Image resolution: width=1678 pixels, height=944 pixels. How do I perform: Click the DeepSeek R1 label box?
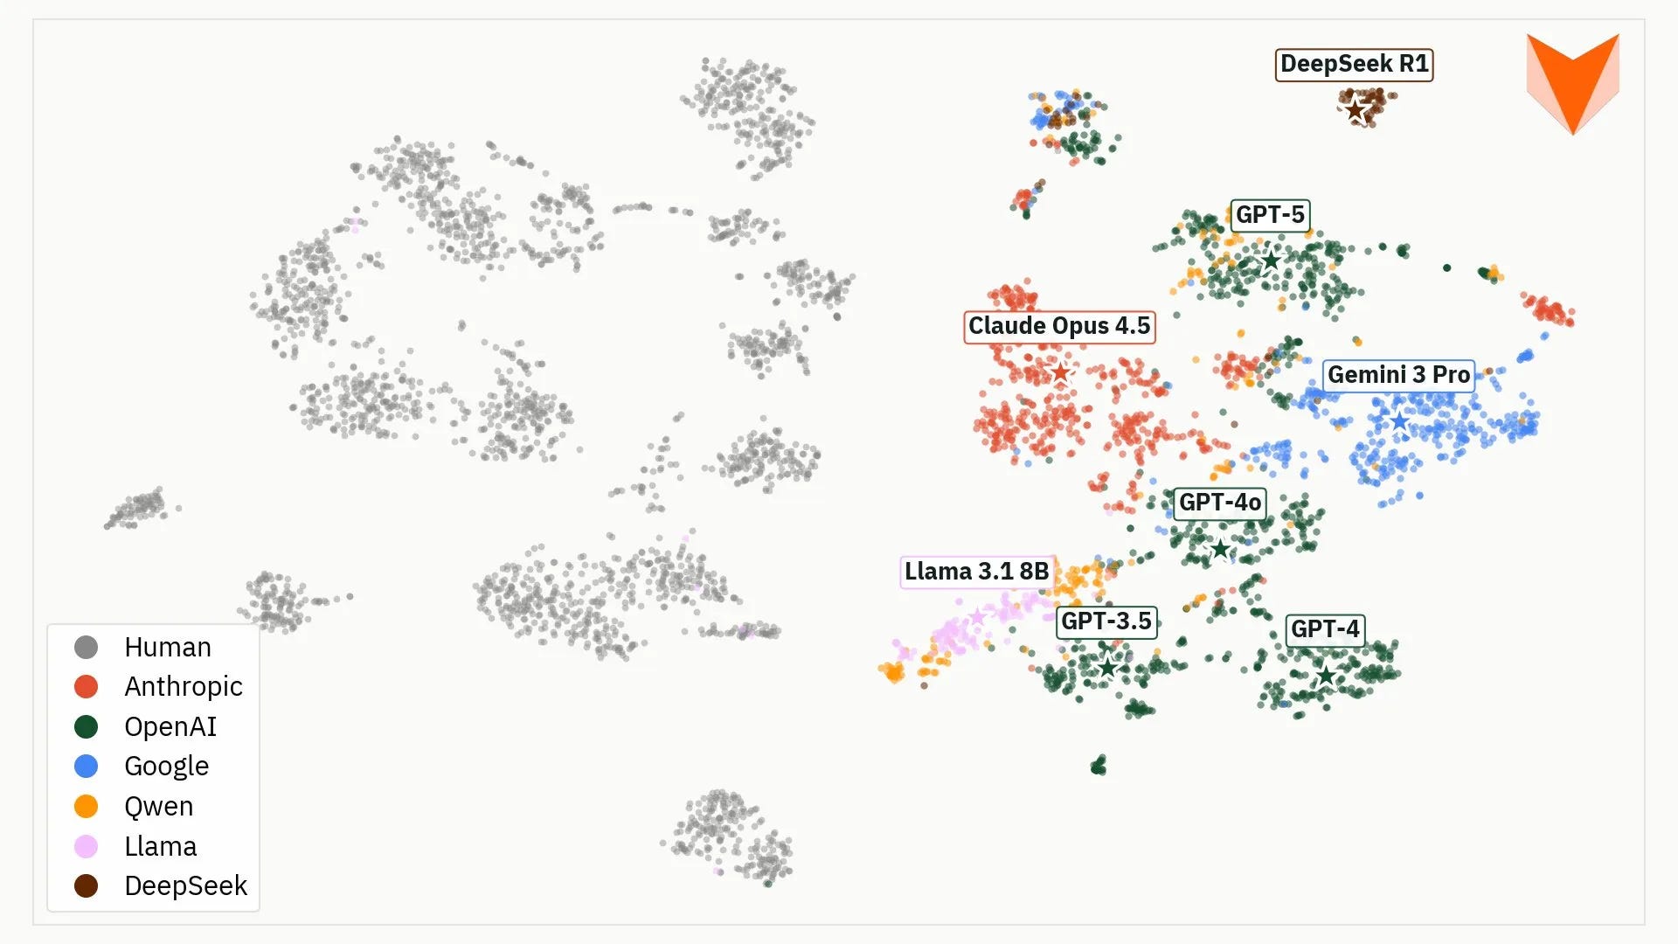coord(1354,65)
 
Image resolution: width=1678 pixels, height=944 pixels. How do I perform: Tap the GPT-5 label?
coord(1270,215)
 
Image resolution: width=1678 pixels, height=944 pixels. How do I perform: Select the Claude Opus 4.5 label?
coord(1059,326)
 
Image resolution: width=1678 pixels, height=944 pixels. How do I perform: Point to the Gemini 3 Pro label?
coord(1398,375)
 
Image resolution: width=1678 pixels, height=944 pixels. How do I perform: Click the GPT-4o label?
coord(1219,503)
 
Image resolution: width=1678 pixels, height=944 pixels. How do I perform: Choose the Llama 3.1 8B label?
coord(977,572)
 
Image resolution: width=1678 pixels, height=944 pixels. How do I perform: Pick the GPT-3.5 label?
coord(1106,621)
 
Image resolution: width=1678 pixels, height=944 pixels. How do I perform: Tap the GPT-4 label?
coord(1325,629)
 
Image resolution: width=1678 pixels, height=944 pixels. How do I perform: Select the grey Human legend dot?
coord(86,647)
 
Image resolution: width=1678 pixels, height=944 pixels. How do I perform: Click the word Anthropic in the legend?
coord(184,687)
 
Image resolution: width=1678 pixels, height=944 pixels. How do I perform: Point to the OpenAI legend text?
coord(170,727)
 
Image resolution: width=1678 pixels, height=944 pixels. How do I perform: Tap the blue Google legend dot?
coord(86,767)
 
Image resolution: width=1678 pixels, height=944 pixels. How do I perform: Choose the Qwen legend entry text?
coord(159,807)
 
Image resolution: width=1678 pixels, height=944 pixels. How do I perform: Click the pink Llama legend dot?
coord(86,846)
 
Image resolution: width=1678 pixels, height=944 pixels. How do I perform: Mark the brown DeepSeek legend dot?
coord(86,886)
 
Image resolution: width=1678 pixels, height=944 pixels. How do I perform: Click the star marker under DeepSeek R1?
coord(1356,110)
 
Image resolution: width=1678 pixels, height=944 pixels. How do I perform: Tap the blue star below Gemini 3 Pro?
coord(1399,421)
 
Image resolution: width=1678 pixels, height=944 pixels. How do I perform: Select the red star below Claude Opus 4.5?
coord(1060,372)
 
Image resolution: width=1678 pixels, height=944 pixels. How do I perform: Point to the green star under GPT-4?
coord(1326,675)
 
